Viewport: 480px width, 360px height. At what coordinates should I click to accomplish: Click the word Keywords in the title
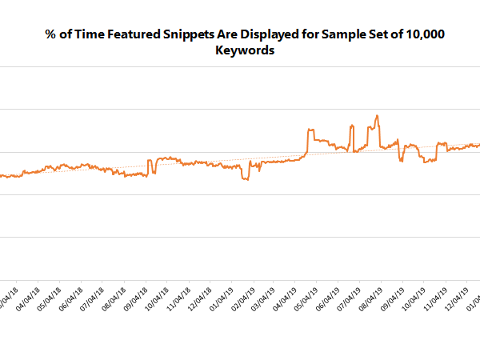[x=246, y=50]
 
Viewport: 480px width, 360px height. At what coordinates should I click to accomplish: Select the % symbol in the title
[x=50, y=35]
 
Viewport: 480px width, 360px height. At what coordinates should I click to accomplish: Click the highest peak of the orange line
[x=377, y=116]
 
